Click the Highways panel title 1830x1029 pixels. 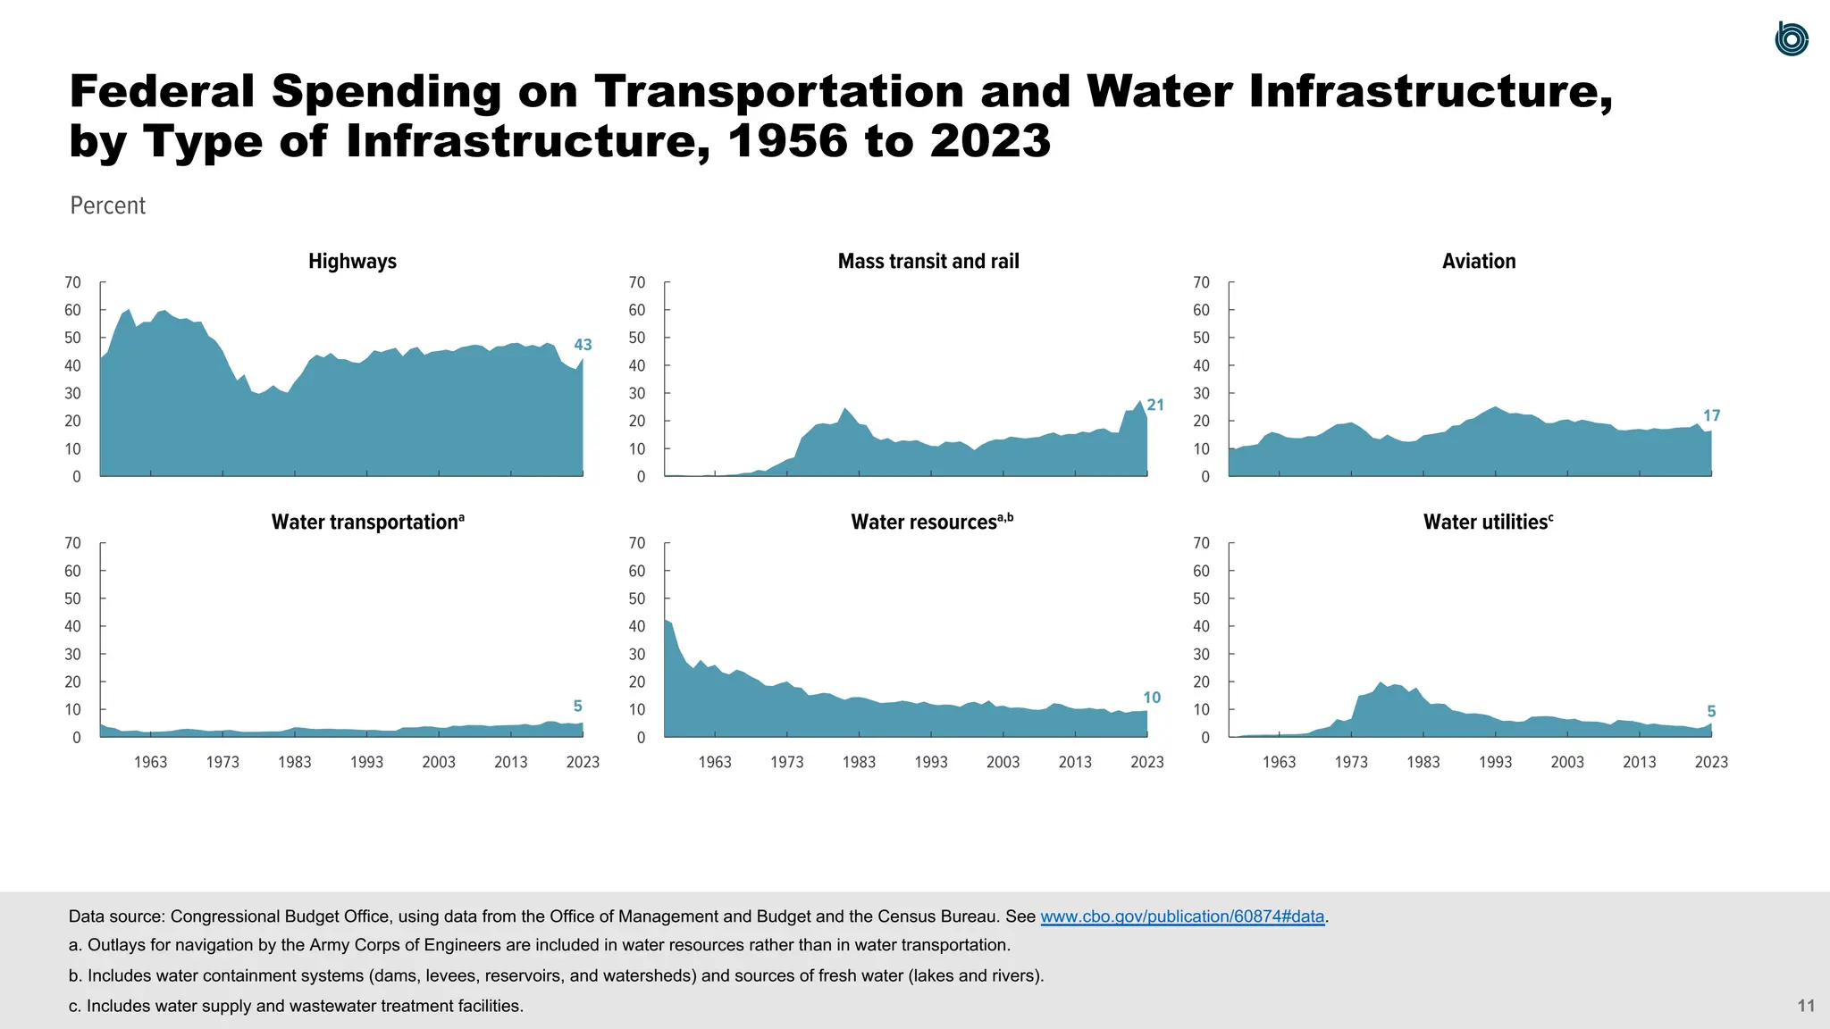pyautogui.click(x=352, y=262)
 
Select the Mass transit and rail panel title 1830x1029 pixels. pyautogui.click(x=928, y=262)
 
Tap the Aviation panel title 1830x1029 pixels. pyautogui.click(x=1478, y=262)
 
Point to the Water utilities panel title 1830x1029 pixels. pyautogui.click(x=1487, y=523)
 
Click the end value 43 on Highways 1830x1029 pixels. pyautogui.click(x=583, y=345)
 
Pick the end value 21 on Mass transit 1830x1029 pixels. pyautogui.click(x=1155, y=406)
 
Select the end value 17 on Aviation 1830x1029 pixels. pyautogui.click(x=1711, y=416)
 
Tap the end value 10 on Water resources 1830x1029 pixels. pyautogui.click(x=1152, y=698)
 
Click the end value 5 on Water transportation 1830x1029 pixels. pyautogui.click(x=577, y=707)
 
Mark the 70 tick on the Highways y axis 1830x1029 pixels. pyautogui.click(x=72, y=283)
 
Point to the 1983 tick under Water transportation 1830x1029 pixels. pyautogui.click(x=295, y=762)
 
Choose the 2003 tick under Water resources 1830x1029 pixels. pyautogui.click(x=1003, y=762)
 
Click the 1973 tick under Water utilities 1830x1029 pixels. pyautogui.click(x=1351, y=762)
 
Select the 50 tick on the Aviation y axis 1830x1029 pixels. pyautogui.click(x=1201, y=339)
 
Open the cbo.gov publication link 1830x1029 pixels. pyautogui.click(x=1182, y=916)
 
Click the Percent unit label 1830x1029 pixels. pyautogui.click(x=107, y=205)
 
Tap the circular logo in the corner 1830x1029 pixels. pyautogui.click(x=1791, y=39)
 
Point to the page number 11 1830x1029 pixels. pyautogui.click(x=1806, y=1006)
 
